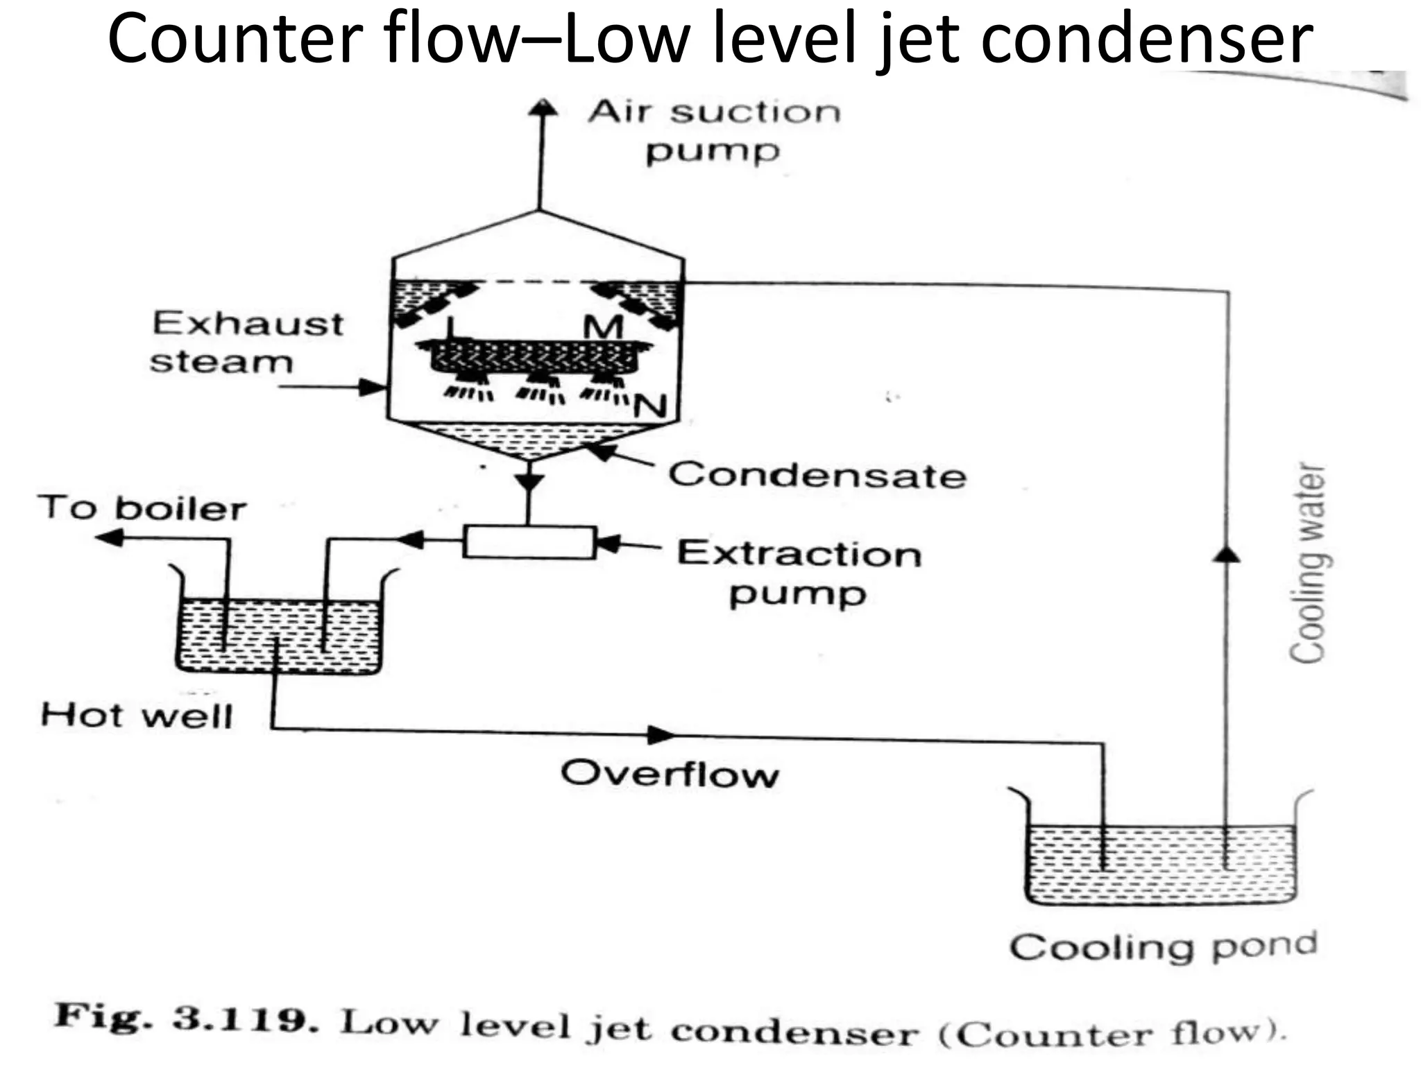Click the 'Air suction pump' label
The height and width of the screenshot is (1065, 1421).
click(x=715, y=131)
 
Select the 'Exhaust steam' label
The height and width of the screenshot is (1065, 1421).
click(x=247, y=343)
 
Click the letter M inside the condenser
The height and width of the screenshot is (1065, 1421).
click(x=603, y=326)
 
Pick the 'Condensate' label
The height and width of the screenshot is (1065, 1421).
click(x=817, y=476)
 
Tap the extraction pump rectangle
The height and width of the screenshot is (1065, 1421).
click(x=529, y=542)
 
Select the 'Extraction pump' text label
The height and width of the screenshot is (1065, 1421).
click(x=799, y=573)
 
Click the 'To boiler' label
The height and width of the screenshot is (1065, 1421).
click(x=142, y=508)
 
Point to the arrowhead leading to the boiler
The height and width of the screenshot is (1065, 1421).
click(x=109, y=537)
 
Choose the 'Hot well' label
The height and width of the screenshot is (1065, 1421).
click(x=137, y=716)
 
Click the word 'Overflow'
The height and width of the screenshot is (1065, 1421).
click(x=670, y=774)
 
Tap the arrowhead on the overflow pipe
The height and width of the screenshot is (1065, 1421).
click(x=661, y=734)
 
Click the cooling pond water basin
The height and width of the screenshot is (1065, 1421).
click(x=1160, y=863)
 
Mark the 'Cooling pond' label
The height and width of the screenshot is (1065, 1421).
click(x=1163, y=947)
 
